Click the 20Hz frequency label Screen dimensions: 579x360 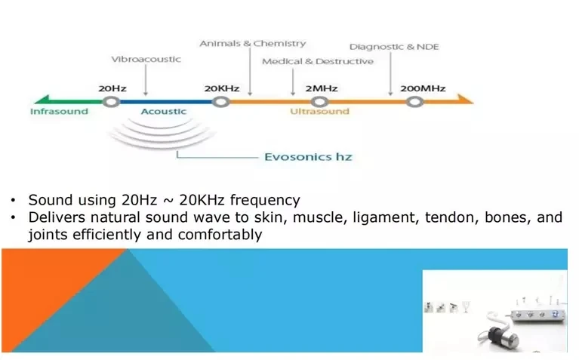tap(112, 88)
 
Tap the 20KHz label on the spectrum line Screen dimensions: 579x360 tap(222, 88)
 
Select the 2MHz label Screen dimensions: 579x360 tap(322, 88)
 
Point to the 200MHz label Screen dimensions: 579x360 tap(423, 88)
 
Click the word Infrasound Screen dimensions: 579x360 tap(59, 112)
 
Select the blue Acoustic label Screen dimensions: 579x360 tap(164, 112)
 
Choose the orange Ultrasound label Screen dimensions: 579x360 tap(319, 112)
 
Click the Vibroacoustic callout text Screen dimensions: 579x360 tap(146, 60)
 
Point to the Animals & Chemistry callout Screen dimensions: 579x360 tap(253, 44)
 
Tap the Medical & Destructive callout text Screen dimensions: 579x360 tap(318, 61)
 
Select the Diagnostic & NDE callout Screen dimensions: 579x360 tap(394, 47)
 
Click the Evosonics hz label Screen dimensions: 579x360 tap(308, 157)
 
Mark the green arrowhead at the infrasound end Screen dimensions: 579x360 tap(42, 100)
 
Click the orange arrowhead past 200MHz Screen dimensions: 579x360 tap(465, 99)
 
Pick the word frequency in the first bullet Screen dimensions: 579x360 tap(265, 201)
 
